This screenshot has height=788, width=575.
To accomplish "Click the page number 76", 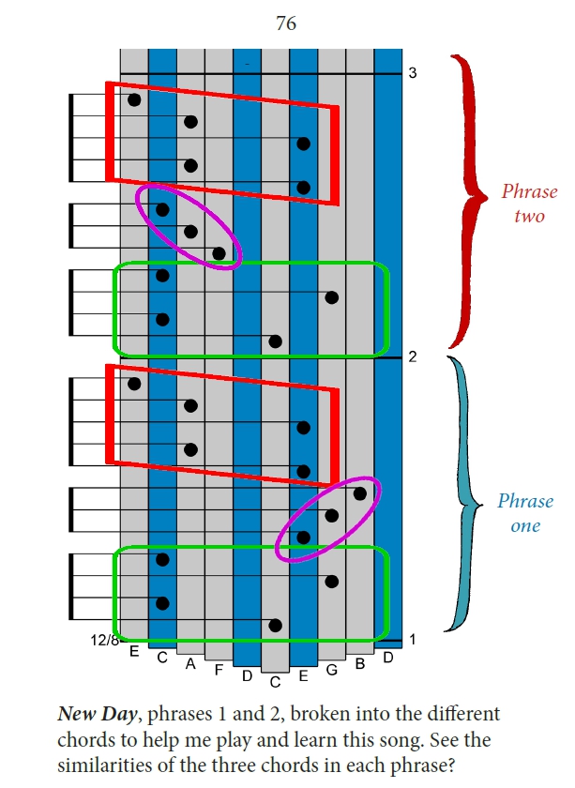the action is click(286, 23).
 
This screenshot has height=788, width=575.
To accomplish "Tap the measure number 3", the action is click(413, 73).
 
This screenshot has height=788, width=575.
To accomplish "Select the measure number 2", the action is click(413, 356).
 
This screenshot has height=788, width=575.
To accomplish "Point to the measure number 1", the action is click(413, 640).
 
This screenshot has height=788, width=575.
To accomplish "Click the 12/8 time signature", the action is click(105, 640).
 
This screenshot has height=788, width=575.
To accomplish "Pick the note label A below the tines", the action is click(190, 664).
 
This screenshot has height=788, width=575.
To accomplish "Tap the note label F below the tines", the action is click(219, 670).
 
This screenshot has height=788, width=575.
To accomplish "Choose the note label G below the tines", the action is click(331, 670).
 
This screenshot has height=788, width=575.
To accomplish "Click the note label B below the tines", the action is click(360, 664).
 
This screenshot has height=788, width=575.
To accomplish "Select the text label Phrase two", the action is click(530, 204).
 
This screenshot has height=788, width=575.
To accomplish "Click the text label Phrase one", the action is click(525, 513).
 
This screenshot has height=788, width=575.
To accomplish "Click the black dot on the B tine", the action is click(360, 494).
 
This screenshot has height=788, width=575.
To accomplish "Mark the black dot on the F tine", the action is click(219, 254).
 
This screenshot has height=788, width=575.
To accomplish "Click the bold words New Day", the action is click(97, 715).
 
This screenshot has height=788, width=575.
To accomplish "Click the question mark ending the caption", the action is click(450, 765).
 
